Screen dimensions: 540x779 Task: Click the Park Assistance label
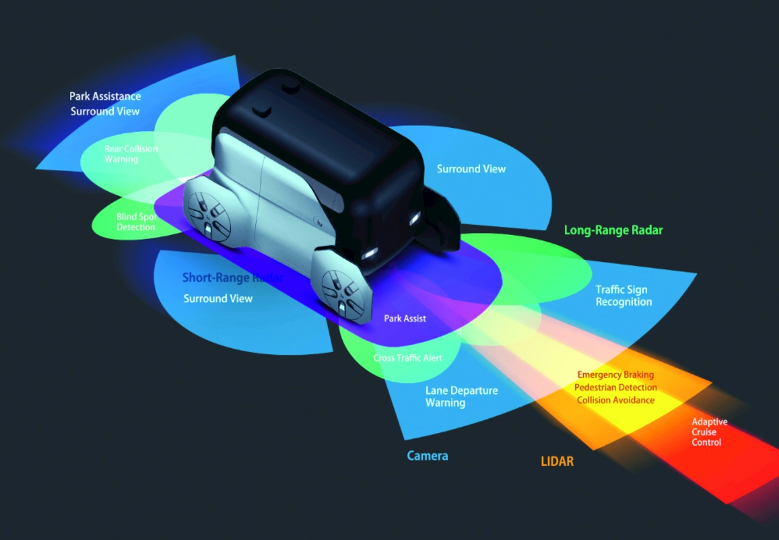(105, 96)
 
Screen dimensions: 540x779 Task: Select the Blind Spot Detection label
(136, 222)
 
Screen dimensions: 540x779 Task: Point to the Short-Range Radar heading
(232, 278)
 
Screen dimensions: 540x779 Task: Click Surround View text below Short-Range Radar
(218, 298)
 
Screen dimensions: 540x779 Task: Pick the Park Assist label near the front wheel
(405, 318)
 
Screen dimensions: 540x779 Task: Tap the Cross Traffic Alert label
(408, 358)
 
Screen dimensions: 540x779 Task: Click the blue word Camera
(427, 455)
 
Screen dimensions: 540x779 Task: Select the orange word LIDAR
(557, 461)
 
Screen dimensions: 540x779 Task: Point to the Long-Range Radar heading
(613, 230)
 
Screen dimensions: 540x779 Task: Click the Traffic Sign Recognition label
(623, 296)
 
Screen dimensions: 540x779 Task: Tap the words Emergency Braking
(615, 375)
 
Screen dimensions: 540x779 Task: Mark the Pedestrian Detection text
(615, 387)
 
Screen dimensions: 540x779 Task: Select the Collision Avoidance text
(615, 400)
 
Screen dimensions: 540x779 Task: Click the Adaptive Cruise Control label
(708, 432)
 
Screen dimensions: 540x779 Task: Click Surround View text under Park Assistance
(105, 111)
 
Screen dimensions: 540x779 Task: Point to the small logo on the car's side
(320, 223)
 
